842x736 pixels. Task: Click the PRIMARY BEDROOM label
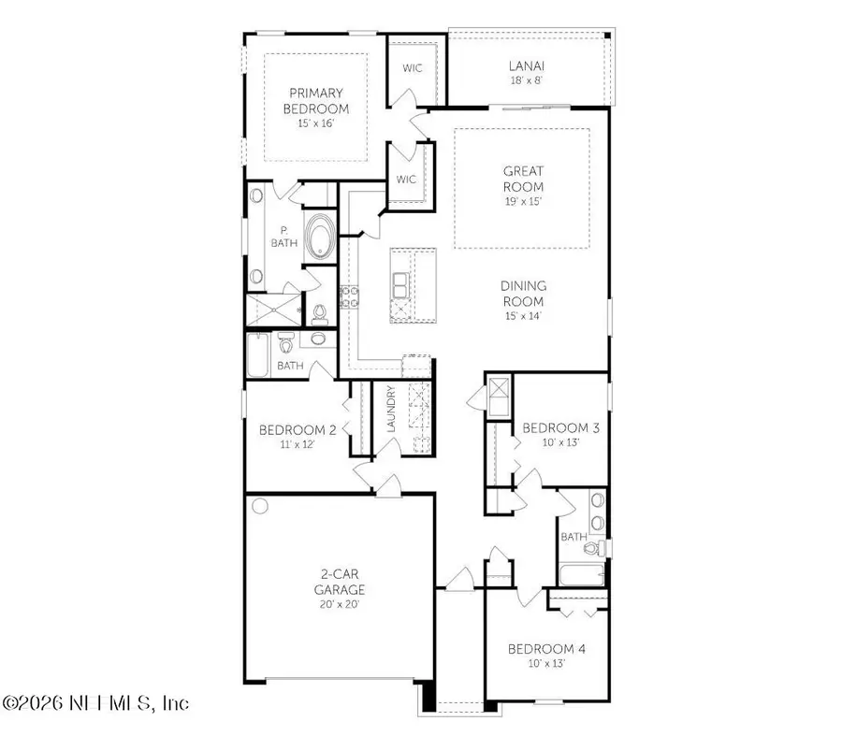[x=315, y=100]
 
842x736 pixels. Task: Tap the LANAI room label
[x=526, y=65]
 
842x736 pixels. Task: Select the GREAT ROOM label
[x=523, y=179]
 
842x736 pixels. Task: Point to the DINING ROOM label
[x=523, y=294]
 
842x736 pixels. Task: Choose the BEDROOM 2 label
[x=298, y=430]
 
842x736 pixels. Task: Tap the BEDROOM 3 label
[x=560, y=428]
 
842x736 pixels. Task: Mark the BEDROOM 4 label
[x=546, y=649]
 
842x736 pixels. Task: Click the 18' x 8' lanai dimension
[x=526, y=80]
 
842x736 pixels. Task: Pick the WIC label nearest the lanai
[x=413, y=68]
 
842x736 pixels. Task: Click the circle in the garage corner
[x=260, y=507]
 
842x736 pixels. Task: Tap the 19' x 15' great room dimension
[x=523, y=201]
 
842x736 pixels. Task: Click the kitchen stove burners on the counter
[x=350, y=297]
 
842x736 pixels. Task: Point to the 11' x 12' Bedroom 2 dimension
[x=297, y=445]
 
